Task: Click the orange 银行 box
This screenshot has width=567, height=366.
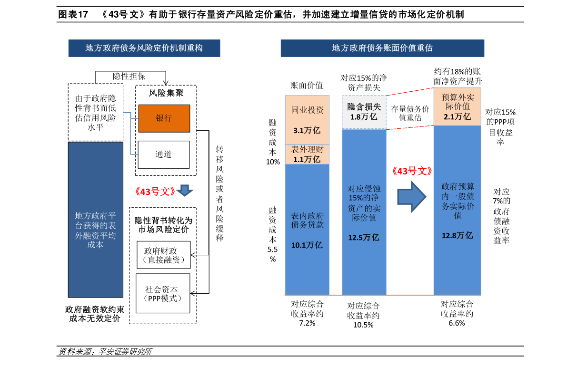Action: [x=164, y=118]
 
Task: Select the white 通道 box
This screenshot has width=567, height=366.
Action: [x=163, y=154]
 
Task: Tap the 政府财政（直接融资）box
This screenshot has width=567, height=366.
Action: [x=163, y=255]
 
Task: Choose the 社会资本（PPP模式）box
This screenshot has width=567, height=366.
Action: [x=163, y=293]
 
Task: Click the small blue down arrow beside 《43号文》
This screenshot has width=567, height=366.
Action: [x=185, y=190]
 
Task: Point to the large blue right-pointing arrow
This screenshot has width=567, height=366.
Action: [x=412, y=197]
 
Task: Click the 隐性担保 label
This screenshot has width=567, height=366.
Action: [x=129, y=76]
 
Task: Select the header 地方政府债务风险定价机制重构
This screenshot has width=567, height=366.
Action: [x=144, y=48]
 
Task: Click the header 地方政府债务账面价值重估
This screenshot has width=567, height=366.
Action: [x=382, y=48]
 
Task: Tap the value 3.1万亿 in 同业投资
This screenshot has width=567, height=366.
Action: [x=307, y=130]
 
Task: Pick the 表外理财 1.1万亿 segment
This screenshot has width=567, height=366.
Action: [x=307, y=154]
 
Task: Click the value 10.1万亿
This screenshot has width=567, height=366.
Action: [x=307, y=245]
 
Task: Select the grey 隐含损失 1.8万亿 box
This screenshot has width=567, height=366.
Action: [x=364, y=112]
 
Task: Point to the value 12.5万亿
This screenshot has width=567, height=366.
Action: [x=363, y=238]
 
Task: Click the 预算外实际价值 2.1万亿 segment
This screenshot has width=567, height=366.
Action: [x=458, y=107]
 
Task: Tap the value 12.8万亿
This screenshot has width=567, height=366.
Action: [x=457, y=235]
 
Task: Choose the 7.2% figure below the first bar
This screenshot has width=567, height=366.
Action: [x=307, y=323]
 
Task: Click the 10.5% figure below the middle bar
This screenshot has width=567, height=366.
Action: [x=363, y=325]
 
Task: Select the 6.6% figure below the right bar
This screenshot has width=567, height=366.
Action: [x=457, y=323]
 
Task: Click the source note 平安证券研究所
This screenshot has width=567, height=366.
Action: [x=125, y=352]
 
